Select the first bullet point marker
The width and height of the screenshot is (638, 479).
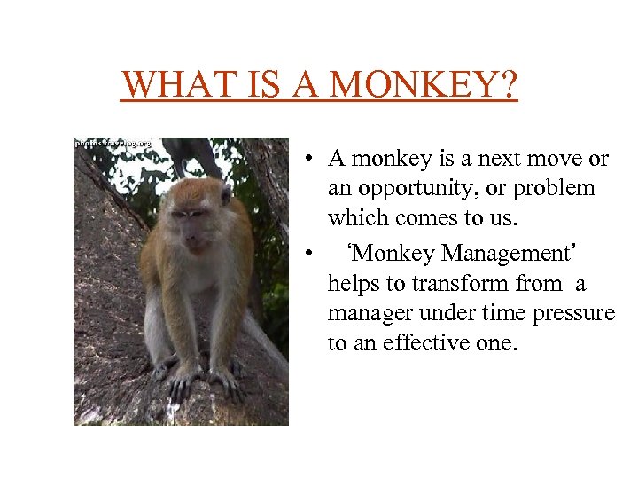(x=303, y=161)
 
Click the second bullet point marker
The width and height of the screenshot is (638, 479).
(x=303, y=255)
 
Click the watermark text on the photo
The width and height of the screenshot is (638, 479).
(x=113, y=143)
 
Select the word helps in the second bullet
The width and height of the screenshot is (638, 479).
(x=353, y=284)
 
